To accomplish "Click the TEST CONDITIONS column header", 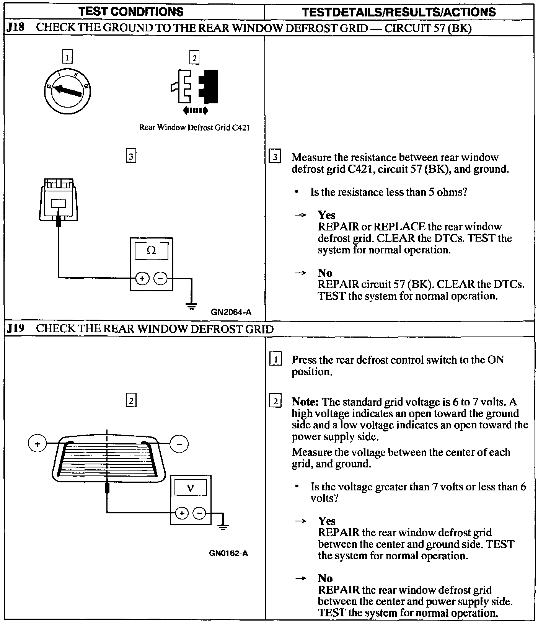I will point(131,12).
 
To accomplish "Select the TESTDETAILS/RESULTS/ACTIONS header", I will point(399,12).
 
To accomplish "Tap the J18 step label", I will point(16,28).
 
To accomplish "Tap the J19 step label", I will point(16,329).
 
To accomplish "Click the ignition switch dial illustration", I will point(67,91).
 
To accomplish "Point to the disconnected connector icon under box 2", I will point(194,87).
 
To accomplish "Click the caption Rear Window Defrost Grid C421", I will point(194,127).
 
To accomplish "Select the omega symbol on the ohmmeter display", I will point(151,251).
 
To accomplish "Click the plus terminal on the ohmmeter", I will point(142,278).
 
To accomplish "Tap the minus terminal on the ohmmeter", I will point(161,278).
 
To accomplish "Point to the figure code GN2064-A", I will point(231,312).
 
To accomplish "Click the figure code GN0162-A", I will point(228,553).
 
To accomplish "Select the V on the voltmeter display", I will point(190,488).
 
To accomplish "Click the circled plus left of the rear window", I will point(37,444).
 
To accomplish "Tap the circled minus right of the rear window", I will point(179,444).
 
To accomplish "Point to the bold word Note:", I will point(305,402).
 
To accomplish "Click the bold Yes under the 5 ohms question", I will point(326,215).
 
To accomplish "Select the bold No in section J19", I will point(325,578).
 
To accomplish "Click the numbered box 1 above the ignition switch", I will point(67,57).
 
